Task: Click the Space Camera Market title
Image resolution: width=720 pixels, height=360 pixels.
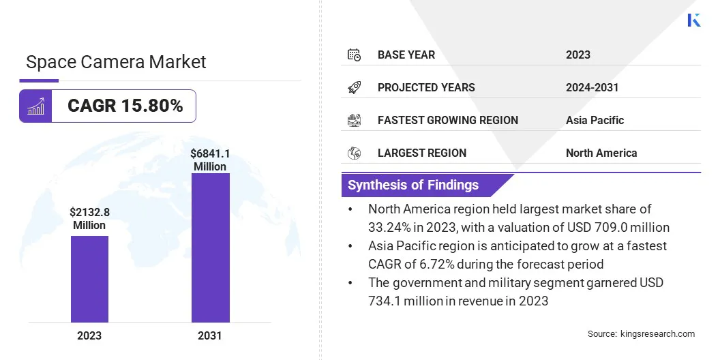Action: [x=116, y=62]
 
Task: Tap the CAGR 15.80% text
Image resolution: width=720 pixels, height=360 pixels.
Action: [x=125, y=106]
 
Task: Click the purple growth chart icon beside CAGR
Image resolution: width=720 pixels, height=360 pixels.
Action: [x=35, y=106]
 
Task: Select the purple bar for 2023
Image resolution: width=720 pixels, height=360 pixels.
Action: [x=89, y=279]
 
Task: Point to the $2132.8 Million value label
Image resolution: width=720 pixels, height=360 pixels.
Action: [x=89, y=218]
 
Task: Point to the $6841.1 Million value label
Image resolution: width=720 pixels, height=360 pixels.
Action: [x=210, y=160]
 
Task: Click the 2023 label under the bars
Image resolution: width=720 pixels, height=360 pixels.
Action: [x=89, y=335]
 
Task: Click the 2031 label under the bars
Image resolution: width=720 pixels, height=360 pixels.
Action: [x=210, y=335]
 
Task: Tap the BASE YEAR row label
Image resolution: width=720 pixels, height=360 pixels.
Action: [x=406, y=55]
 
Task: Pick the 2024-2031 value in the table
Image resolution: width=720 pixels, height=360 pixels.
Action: [x=592, y=87]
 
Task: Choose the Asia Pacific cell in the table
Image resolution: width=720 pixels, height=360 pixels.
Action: [x=595, y=120]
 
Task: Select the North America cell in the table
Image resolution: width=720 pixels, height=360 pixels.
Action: [x=601, y=153]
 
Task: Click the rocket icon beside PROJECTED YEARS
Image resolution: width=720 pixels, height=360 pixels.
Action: [x=354, y=87]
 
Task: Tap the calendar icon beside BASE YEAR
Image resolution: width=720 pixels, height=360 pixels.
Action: [x=354, y=55]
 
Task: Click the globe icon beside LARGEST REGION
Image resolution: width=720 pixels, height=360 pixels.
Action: [x=354, y=153]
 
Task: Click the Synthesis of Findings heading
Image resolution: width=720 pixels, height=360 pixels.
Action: [x=413, y=185]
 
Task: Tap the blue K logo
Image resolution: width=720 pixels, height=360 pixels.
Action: [x=693, y=20]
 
